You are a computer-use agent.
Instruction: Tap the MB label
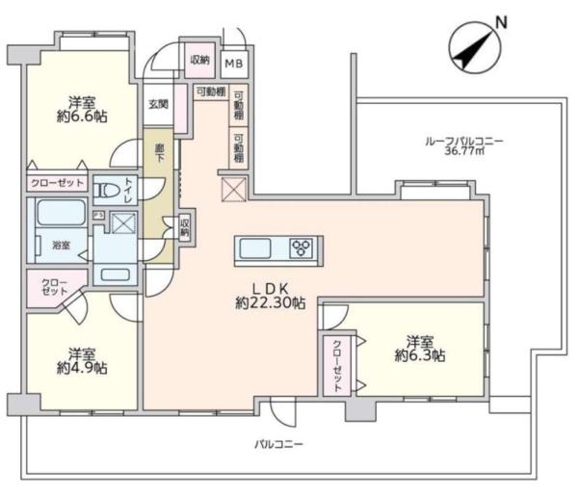point(233,63)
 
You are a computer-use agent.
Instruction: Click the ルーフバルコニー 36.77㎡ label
point(463,145)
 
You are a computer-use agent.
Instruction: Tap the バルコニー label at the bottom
point(278,444)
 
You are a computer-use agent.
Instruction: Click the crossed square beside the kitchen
point(234,190)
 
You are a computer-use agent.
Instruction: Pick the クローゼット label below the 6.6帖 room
point(55,182)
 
